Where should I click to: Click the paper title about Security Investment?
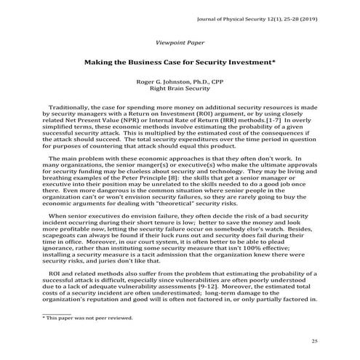(x=180, y=63)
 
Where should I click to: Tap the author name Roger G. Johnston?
(x=180, y=83)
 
